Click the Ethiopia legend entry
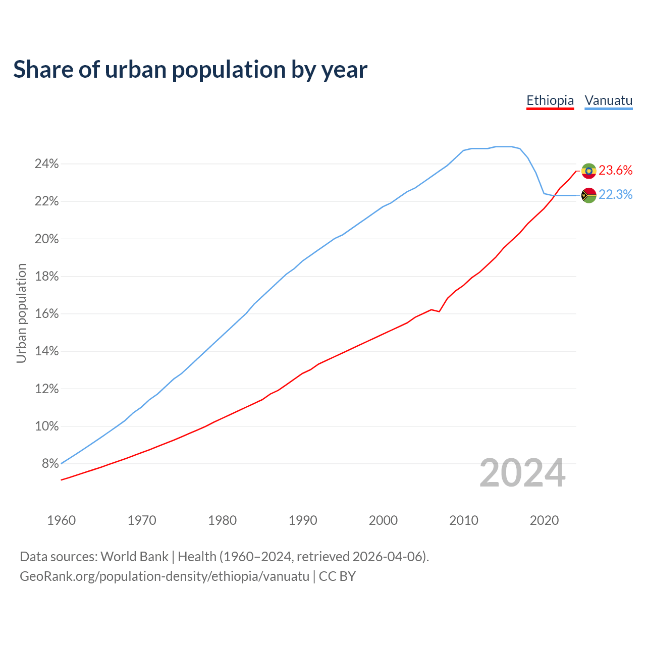(550, 100)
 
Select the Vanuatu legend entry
(608, 100)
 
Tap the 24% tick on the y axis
(46, 164)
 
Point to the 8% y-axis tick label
(50, 464)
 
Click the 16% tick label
(46, 314)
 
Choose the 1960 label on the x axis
(61, 520)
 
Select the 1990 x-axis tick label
(303, 520)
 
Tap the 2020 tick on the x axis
(544, 520)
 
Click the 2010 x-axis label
(464, 520)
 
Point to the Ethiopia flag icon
(588, 171)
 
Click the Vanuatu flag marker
(588, 195)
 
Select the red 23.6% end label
(616, 171)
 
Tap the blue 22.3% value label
(616, 195)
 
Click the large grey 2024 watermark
(522, 473)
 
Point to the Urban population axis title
(21, 313)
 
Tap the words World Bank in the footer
(134, 557)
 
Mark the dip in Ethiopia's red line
(439, 311)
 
